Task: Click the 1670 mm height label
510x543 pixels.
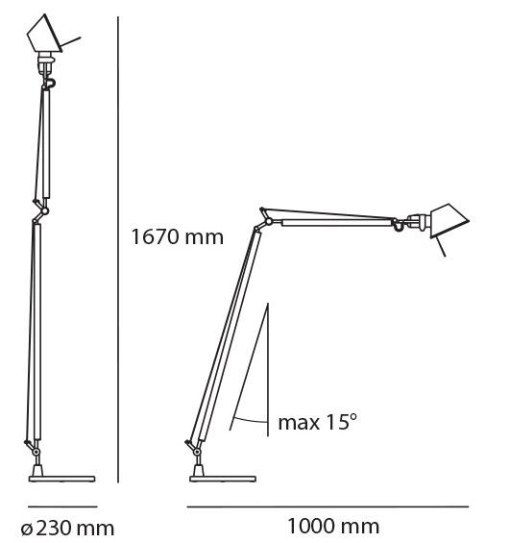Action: [x=177, y=237]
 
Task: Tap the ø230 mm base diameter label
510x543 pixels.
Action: [x=67, y=529]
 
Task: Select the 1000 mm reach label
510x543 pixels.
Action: [x=333, y=527]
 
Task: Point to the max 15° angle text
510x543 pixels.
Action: [x=317, y=422]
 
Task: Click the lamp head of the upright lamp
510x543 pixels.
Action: [x=44, y=35]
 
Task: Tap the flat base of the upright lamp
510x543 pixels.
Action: [x=61, y=479]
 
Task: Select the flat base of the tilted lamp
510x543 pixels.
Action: [x=223, y=479]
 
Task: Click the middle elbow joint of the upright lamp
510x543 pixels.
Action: [x=44, y=210]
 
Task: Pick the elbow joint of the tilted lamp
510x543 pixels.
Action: [x=268, y=222]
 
